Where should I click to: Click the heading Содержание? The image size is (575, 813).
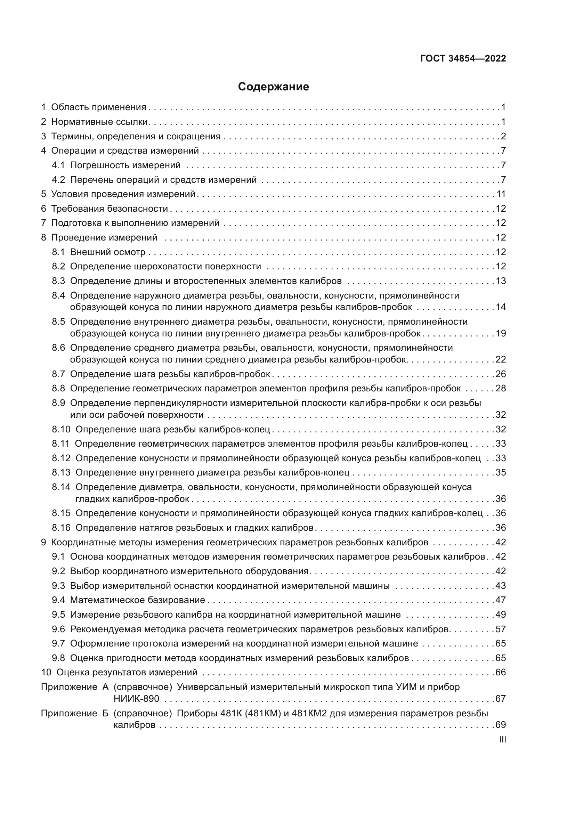(x=273, y=87)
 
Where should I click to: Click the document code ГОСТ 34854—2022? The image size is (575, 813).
(x=463, y=59)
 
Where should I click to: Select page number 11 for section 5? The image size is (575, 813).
(x=501, y=194)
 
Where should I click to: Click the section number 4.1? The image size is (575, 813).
(x=58, y=165)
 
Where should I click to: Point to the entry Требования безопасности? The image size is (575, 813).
(x=110, y=209)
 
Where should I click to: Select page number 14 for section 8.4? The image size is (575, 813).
(x=501, y=307)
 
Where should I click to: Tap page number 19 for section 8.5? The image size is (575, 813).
(x=501, y=334)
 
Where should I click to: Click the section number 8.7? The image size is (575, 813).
(x=58, y=374)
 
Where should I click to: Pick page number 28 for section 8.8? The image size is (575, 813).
(x=501, y=389)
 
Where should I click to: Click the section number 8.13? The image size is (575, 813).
(x=61, y=472)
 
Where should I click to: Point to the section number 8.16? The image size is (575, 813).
(x=61, y=528)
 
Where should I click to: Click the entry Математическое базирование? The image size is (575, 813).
(x=137, y=600)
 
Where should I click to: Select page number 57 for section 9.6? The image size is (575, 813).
(x=501, y=629)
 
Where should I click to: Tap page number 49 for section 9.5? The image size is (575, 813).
(x=501, y=614)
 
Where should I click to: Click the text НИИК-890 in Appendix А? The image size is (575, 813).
(x=136, y=699)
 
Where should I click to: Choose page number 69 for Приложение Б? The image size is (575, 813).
(x=501, y=725)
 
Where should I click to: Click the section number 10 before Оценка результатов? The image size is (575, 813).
(x=46, y=672)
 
